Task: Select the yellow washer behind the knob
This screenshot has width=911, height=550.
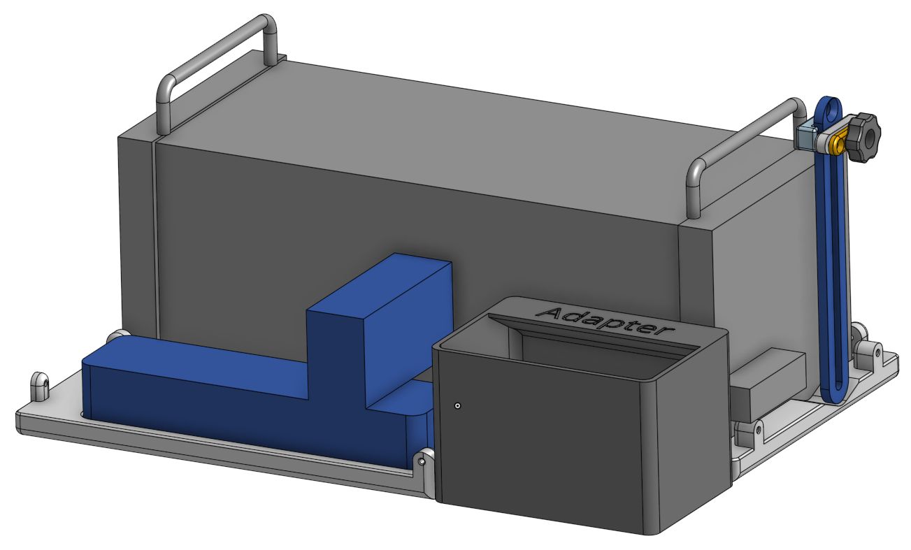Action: [838, 145]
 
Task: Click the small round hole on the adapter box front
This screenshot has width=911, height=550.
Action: [457, 405]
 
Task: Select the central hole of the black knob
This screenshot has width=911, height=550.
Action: [869, 138]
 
